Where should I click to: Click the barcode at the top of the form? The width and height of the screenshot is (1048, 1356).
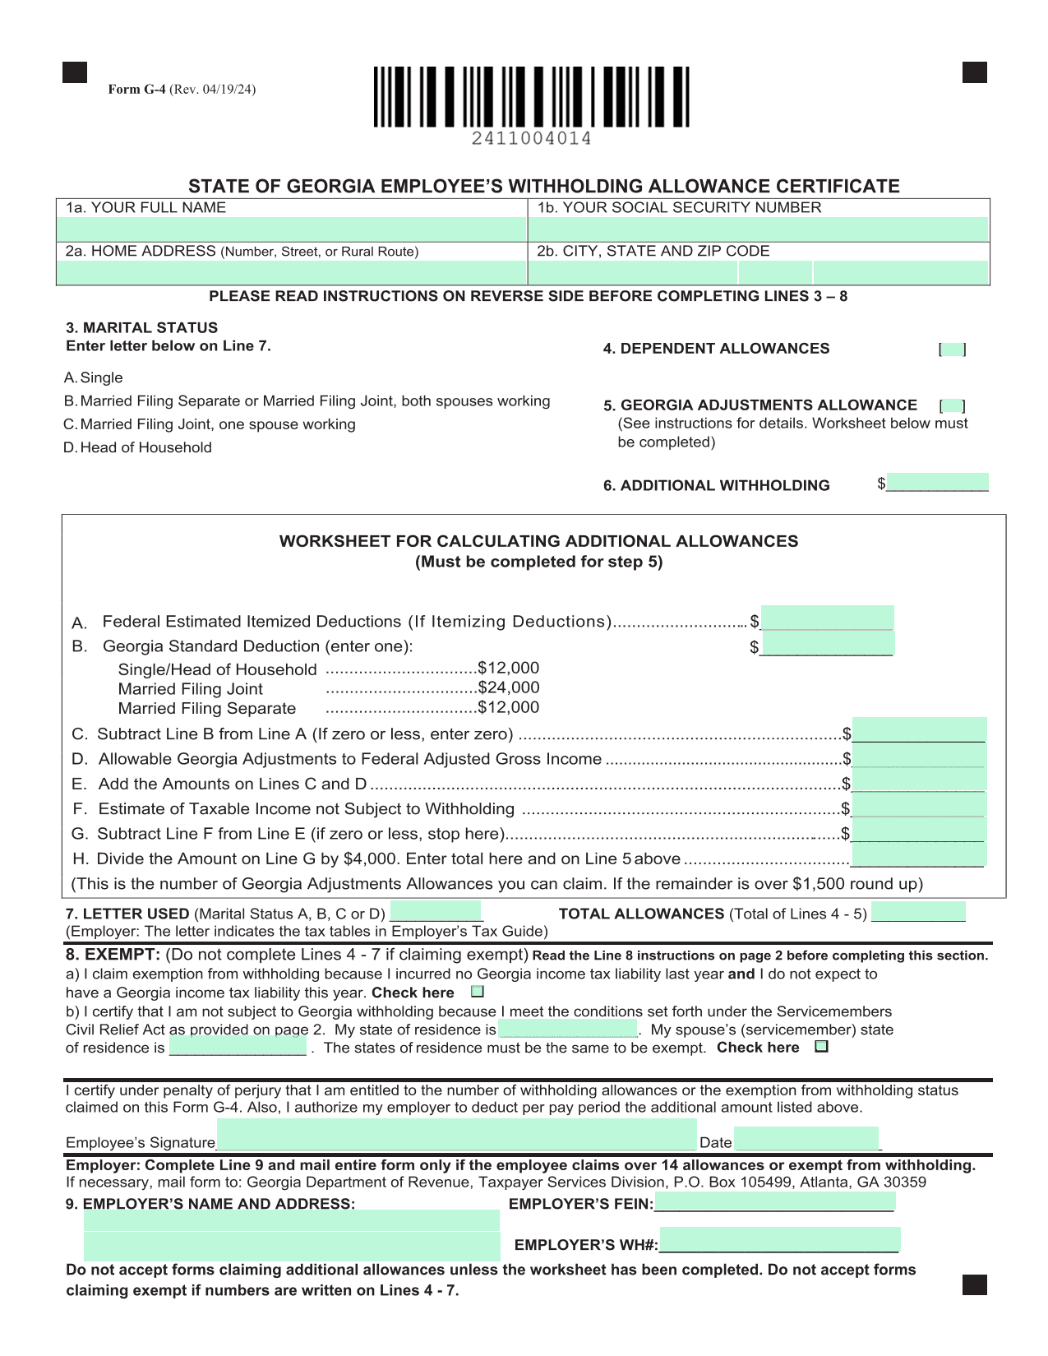pos(531,97)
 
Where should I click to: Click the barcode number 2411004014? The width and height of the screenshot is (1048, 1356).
pos(531,139)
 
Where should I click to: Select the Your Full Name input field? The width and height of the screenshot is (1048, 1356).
pos(291,229)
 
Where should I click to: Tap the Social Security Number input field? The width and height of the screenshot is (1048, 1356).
pos(758,229)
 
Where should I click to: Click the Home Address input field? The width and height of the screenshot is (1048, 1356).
pos(291,272)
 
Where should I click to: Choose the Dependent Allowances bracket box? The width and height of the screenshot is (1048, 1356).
pos(953,349)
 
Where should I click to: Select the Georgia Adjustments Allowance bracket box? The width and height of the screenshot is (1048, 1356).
pos(953,405)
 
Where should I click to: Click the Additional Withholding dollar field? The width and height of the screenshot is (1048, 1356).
pos(937,483)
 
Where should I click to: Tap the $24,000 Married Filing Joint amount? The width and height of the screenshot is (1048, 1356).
pos(509,687)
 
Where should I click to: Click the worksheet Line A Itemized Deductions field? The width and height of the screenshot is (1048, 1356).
pos(827,618)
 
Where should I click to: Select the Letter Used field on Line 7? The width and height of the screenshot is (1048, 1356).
pos(436,912)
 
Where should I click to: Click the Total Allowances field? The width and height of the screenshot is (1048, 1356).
pos(918,912)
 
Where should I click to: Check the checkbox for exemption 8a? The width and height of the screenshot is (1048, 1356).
pos(478,992)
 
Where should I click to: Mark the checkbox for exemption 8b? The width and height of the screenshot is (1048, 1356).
pos(821,1047)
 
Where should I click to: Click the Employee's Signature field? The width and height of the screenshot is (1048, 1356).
pos(456,1135)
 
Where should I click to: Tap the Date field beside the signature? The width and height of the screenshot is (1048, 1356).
pos(806,1139)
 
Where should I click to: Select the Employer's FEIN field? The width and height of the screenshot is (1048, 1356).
pos(774,1202)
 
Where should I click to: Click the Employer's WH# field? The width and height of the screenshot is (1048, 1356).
pos(779,1240)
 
